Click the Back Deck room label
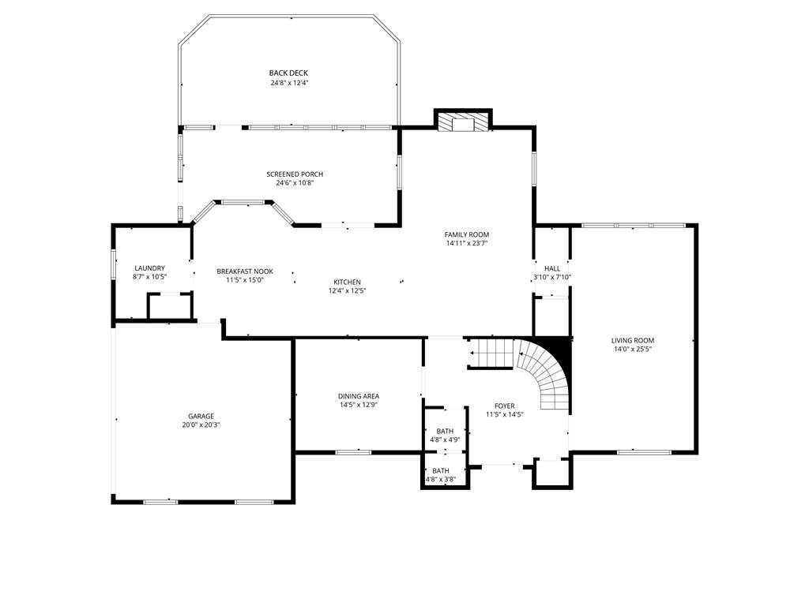tap(288, 73)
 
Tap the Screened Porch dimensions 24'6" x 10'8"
tap(294, 183)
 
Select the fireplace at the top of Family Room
tap(463, 122)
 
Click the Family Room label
tap(466, 234)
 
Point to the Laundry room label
tap(149, 268)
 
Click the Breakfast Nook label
tap(245, 271)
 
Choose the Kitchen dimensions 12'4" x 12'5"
tap(347, 290)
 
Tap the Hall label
tap(551, 268)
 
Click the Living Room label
tap(632, 341)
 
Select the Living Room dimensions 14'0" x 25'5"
tap(632, 350)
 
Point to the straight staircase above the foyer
tap(491, 353)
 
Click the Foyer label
tap(504, 406)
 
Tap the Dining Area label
tap(358, 396)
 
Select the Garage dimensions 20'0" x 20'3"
tap(201, 425)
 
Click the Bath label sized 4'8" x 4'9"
tap(444, 431)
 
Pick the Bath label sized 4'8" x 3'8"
tap(440, 470)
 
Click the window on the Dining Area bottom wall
tap(353, 452)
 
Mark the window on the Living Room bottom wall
tap(638, 452)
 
